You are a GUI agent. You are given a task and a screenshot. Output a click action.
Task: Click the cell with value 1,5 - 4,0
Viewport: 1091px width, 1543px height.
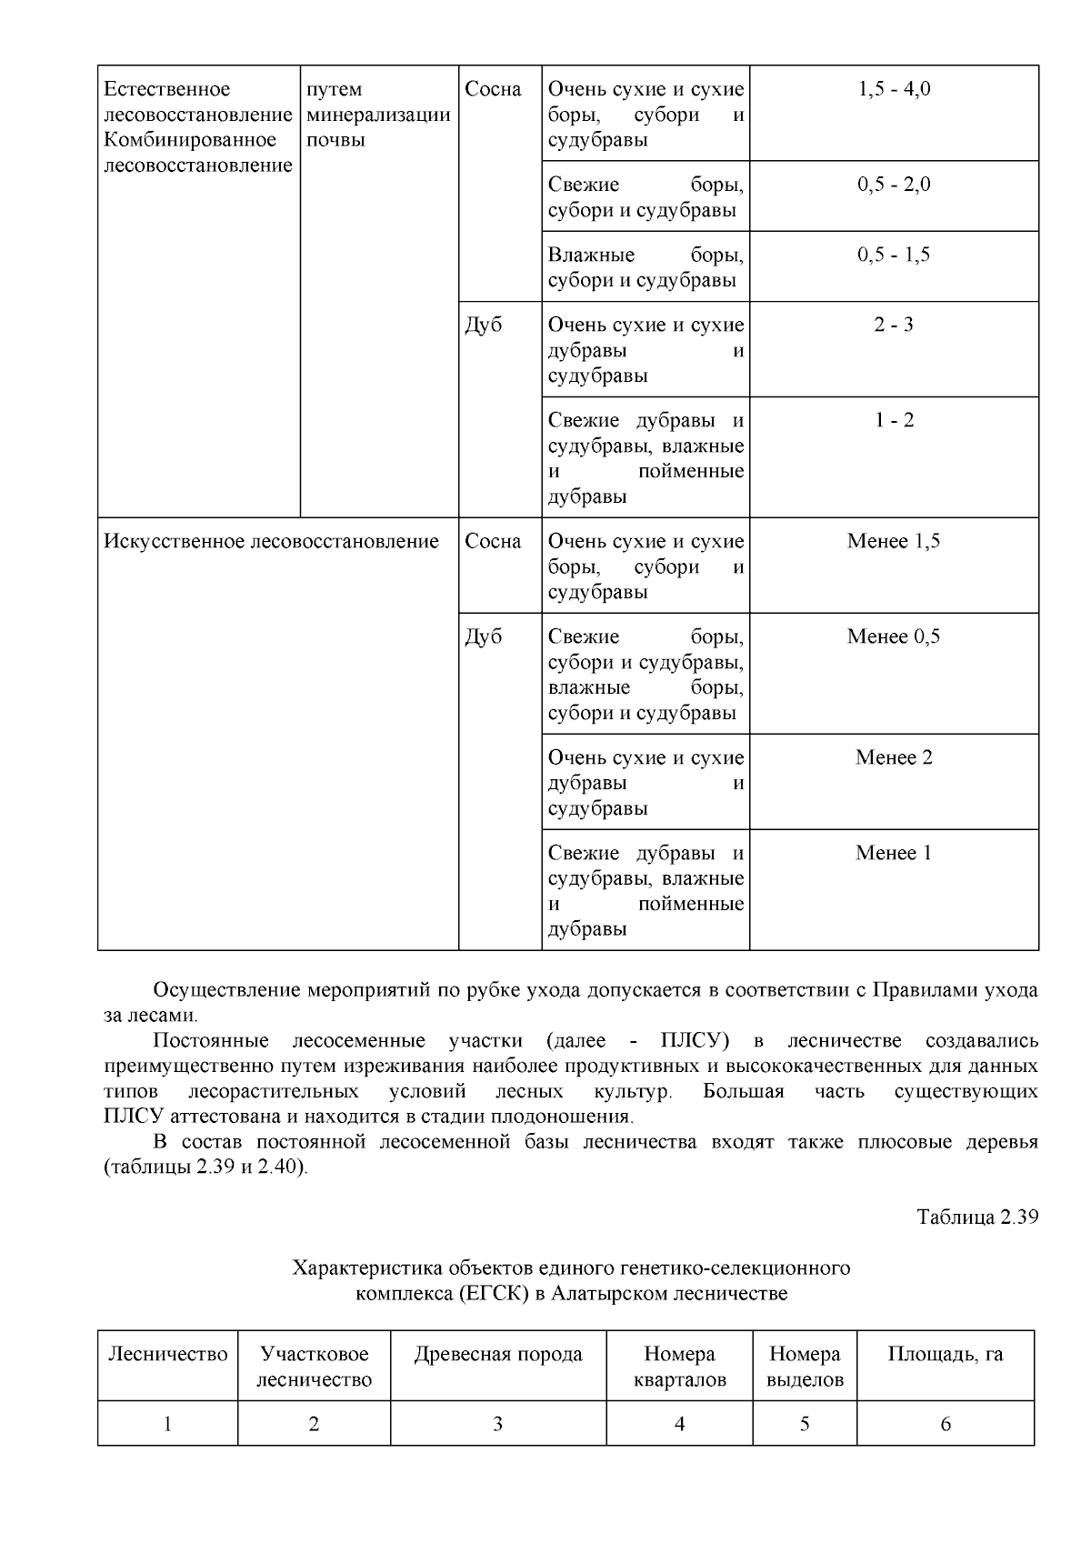(x=894, y=89)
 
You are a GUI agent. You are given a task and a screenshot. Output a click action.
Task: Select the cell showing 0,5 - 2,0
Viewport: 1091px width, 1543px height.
(x=894, y=185)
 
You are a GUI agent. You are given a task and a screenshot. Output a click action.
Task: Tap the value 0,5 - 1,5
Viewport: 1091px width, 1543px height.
(x=894, y=255)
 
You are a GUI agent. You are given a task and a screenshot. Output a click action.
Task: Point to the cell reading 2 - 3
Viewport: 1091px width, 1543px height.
(x=894, y=325)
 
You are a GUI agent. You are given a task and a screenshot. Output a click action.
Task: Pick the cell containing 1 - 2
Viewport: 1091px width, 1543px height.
(x=894, y=420)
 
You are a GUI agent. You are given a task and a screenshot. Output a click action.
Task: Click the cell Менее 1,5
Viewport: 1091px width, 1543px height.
(x=894, y=541)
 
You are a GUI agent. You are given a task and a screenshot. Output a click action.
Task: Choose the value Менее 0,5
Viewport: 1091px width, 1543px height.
(x=894, y=636)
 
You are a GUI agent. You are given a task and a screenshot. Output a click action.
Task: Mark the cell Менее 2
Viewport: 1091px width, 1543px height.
(x=894, y=757)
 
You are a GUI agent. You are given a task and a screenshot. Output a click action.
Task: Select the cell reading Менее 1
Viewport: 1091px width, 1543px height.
(x=894, y=853)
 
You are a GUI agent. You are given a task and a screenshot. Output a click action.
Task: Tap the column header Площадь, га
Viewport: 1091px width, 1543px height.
(x=946, y=1354)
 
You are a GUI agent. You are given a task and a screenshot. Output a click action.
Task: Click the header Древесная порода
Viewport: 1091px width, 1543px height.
(x=498, y=1354)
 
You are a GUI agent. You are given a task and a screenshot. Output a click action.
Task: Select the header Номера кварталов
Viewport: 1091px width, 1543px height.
(x=679, y=1367)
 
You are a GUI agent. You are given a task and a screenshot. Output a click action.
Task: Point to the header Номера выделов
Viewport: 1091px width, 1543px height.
(x=805, y=1367)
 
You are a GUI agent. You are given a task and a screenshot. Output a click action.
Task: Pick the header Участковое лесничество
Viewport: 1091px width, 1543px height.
(x=314, y=1367)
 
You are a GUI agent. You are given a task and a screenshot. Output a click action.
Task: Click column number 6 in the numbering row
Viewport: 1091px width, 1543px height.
(x=946, y=1424)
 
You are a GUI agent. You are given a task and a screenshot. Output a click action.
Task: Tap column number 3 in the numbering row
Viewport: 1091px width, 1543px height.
(x=498, y=1424)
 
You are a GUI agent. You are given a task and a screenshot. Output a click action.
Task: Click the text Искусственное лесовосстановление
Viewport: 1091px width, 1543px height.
(x=271, y=541)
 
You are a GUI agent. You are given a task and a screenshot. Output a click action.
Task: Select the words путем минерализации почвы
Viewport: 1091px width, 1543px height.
(x=379, y=115)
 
